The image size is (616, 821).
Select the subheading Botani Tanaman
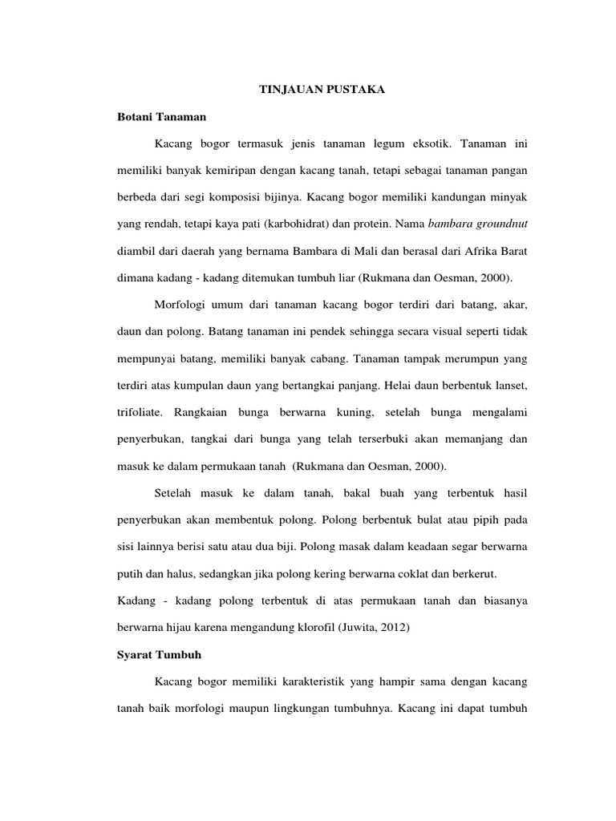pos(158,117)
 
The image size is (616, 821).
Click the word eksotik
pos(433,144)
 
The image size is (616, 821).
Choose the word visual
pos(446,331)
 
